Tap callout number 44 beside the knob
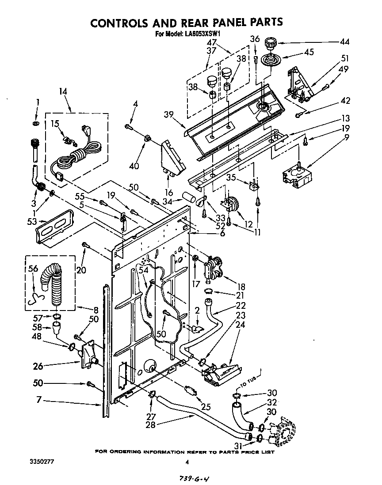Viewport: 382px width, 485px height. [344, 42]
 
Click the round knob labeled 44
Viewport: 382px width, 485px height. [270, 45]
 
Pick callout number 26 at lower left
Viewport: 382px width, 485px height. [38, 366]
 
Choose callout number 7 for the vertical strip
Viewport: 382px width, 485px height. [39, 400]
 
